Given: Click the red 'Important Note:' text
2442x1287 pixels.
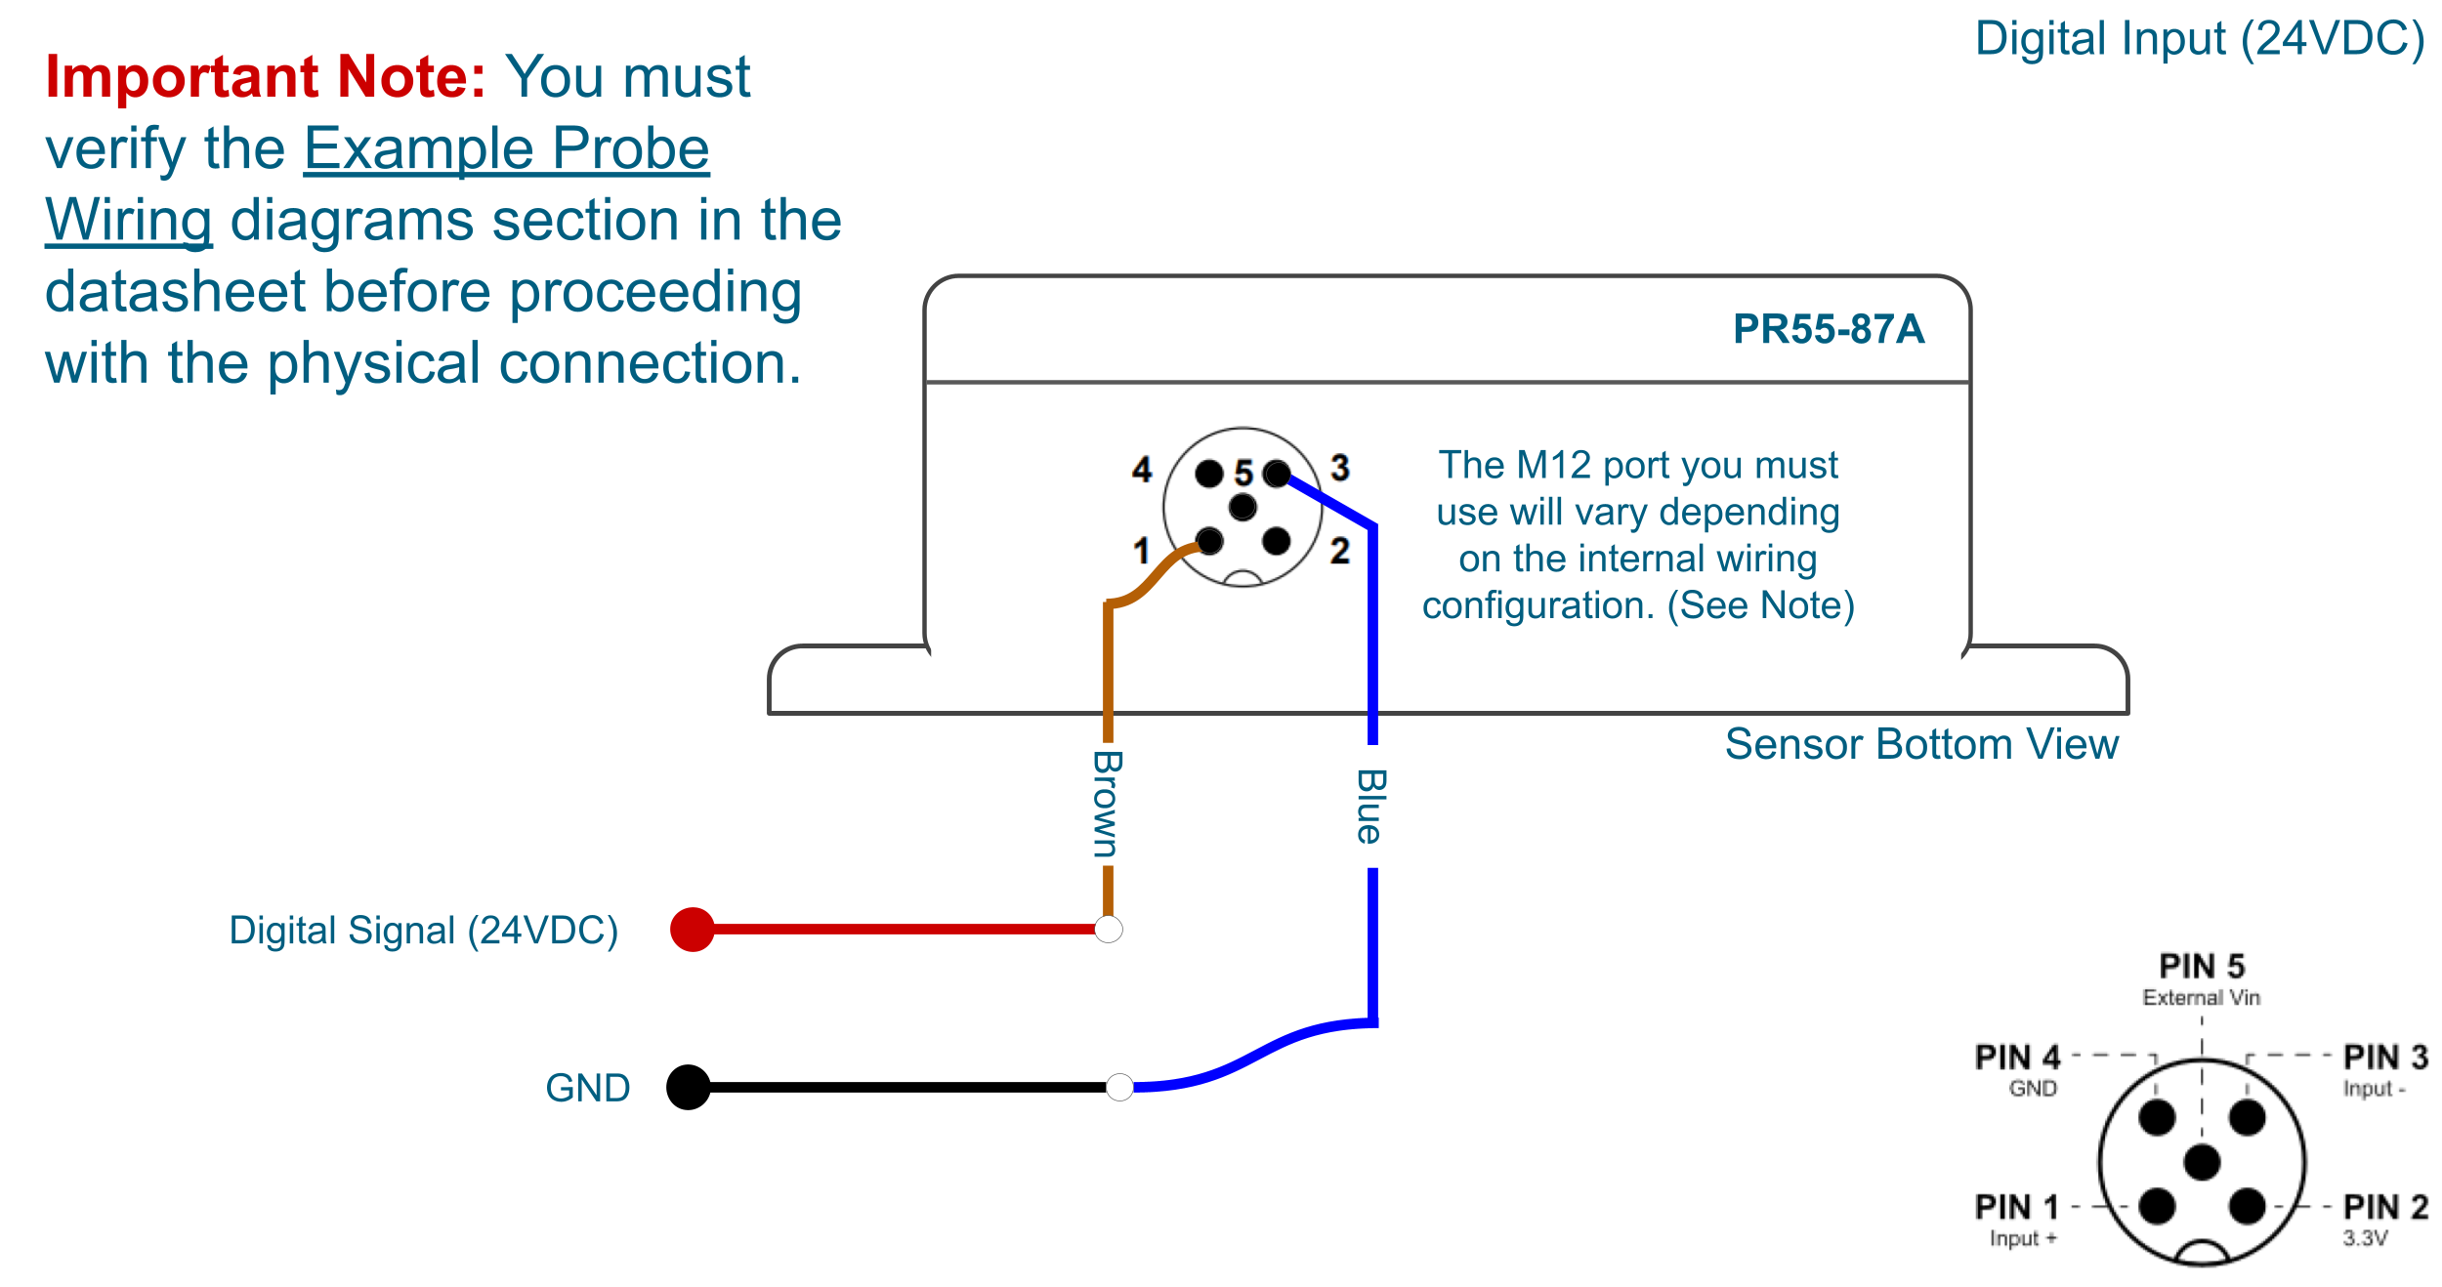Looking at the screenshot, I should [265, 77].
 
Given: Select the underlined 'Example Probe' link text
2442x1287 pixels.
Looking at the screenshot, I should [506, 148].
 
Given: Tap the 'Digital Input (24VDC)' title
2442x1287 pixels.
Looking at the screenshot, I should [2199, 40].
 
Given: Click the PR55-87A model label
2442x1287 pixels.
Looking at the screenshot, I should [1828, 329].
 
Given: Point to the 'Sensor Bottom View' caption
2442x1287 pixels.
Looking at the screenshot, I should [1920, 744].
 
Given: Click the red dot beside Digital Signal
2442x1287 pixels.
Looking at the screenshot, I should [692, 930].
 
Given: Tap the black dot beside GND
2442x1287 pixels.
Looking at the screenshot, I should [689, 1087].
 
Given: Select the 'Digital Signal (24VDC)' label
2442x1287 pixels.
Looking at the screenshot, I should [423, 931].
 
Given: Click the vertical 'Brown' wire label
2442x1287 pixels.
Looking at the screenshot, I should [1107, 804].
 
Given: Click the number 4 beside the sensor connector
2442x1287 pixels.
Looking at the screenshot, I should [1142, 470].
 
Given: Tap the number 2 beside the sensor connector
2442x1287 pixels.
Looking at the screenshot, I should [1340, 551].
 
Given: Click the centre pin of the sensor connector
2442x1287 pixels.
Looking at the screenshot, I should [1242, 508].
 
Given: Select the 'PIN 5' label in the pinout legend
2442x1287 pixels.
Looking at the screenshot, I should [2202, 967].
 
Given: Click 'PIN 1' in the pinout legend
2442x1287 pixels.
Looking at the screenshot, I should [2016, 1207].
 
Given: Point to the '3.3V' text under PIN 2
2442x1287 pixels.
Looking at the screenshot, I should [2365, 1238].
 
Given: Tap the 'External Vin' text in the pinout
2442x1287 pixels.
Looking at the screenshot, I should [2201, 998].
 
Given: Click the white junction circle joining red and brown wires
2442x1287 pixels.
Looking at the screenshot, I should [1108, 930].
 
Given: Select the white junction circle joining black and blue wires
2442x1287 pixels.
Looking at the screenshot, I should [1119, 1087].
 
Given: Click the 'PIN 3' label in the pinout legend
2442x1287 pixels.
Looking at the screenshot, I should [2385, 1058].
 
